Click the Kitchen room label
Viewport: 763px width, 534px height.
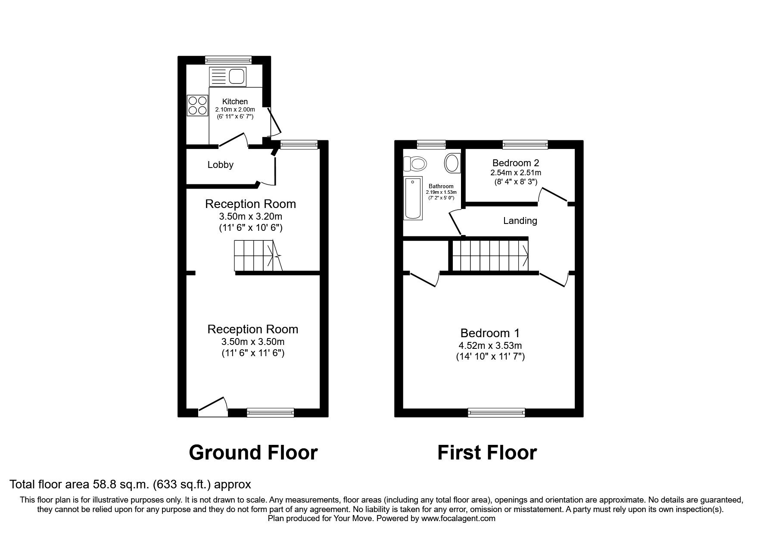click(235, 102)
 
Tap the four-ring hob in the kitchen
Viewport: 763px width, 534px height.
click(198, 106)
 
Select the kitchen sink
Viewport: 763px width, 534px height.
click(227, 77)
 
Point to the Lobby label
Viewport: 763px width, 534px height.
click(220, 165)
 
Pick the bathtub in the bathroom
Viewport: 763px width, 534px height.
click(413, 198)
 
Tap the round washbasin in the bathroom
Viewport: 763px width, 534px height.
click(452, 163)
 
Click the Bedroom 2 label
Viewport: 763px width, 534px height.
click(516, 163)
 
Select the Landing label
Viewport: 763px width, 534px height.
click(520, 221)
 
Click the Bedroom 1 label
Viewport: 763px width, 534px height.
click(490, 333)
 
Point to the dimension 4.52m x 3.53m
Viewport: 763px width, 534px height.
click(490, 345)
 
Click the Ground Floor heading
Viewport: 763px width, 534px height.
click(253, 453)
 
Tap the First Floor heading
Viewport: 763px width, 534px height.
click(487, 453)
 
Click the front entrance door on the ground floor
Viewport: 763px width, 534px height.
click(213, 407)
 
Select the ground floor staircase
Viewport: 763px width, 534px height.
click(258, 256)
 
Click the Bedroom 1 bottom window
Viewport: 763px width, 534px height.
click(497, 413)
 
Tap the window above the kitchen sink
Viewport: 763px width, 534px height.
click(228, 60)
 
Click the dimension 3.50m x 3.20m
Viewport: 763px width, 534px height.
click(250, 216)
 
